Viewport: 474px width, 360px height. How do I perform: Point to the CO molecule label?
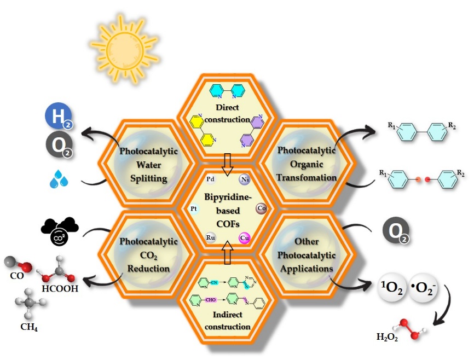coord(17,276)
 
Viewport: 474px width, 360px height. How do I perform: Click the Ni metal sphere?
coord(245,179)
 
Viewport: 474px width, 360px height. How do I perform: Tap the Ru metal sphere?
coord(211,237)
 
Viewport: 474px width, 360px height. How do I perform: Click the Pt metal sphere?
coord(194,209)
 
